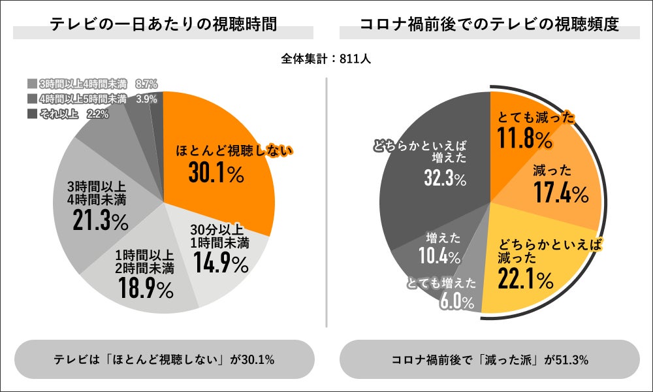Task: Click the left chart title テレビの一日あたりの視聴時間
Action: [x=163, y=25]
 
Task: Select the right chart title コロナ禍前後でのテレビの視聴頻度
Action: [x=490, y=25]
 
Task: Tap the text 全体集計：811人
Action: [x=326, y=59]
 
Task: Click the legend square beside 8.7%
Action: [x=32, y=84]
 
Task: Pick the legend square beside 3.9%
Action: [x=32, y=99]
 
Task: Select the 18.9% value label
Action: [x=146, y=287]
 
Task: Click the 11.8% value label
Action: [x=526, y=139]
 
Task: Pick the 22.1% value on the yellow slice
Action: [x=526, y=280]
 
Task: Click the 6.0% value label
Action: [x=456, y=301]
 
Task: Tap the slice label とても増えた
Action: [x=441, y=284]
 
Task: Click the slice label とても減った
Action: [x=535, y=118]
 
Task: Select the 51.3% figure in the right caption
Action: [x=572, y=360]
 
